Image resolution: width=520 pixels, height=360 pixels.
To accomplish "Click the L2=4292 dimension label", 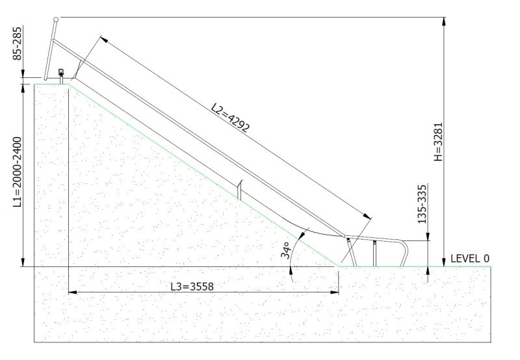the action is (x=230, y=118).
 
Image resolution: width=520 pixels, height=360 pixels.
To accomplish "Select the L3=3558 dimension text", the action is (x=192, y=287).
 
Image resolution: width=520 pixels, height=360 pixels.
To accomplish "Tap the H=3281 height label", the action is (x=438, y=142).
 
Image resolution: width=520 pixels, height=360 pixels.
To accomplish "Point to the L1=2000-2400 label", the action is (x=18, y=172).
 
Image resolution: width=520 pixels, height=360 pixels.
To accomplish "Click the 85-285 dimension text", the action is (x=18, y=44).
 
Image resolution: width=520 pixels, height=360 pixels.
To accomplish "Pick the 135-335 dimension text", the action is (x=422, y=204).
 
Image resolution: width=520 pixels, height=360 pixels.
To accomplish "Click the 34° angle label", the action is (x=285, y=251).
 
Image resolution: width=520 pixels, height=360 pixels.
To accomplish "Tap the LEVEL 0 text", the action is (x=469, y=259).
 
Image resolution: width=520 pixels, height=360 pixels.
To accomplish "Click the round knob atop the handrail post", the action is (x=56, y=19).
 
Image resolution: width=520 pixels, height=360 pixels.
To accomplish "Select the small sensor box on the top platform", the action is (x=60, y=71).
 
